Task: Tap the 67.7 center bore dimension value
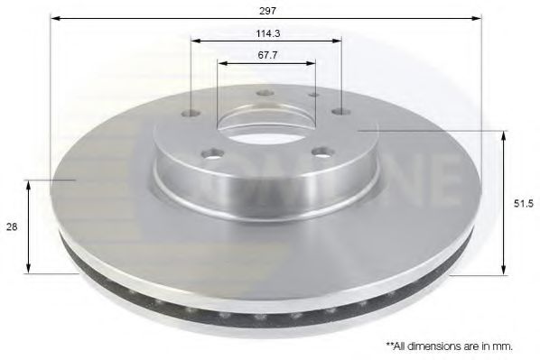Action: [266, 55]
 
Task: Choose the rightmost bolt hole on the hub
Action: [341, 111]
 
